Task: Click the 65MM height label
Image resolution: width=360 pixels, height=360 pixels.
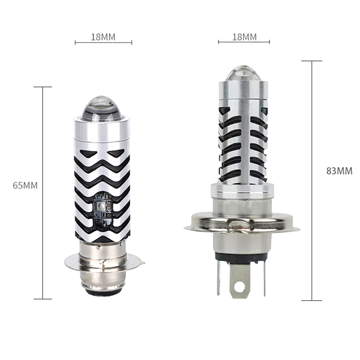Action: [25, 185]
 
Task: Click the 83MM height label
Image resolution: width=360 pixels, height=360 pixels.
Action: [339, 171]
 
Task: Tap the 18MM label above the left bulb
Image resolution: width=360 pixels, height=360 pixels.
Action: [103, 37]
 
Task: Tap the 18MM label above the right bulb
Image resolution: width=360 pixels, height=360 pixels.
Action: [244, 37]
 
